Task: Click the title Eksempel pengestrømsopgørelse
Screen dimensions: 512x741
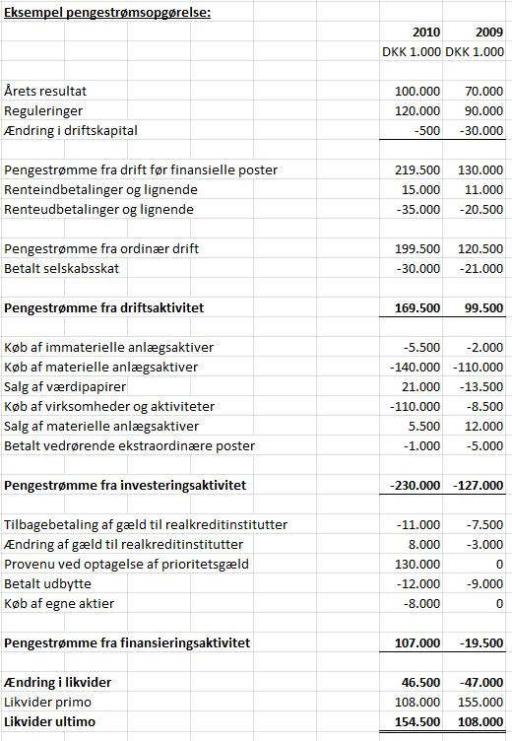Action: point(107,12)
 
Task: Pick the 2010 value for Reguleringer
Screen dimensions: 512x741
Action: point(417,110)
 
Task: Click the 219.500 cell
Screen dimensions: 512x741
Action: point(417,169)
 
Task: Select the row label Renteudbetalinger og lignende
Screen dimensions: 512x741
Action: point(99,209)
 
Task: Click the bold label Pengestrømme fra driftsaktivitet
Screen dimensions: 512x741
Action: point(118,307)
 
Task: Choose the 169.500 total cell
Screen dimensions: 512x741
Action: point(417,307)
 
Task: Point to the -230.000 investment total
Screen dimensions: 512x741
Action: point(414,485)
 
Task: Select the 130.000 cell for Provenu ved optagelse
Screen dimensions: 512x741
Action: point(417,564)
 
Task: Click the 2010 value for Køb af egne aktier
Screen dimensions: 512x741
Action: point(421,603)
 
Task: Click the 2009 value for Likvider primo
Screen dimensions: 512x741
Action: point(480,702)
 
